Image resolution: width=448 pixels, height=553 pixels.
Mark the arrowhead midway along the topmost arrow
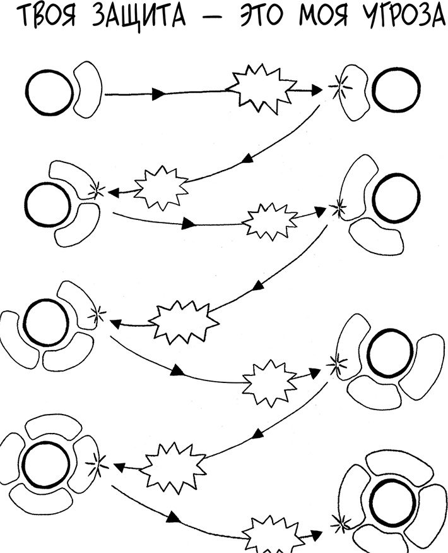160,94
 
